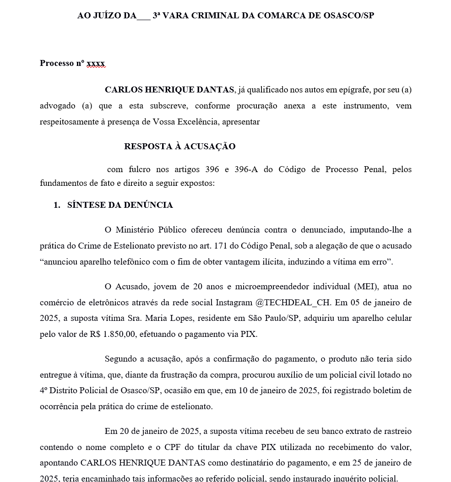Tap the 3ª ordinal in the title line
click(x=158, y=15)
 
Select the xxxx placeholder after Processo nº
click(x=96, y=63)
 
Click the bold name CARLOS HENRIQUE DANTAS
click(x=169, y=90)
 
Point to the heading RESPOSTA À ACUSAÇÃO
click(x=179, y=146)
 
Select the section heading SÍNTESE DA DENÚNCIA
click(x=120, y=205)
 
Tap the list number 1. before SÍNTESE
click(x=57, y=205)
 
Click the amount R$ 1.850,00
click(x=113, y=334)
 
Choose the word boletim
click(x=397, y=390)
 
